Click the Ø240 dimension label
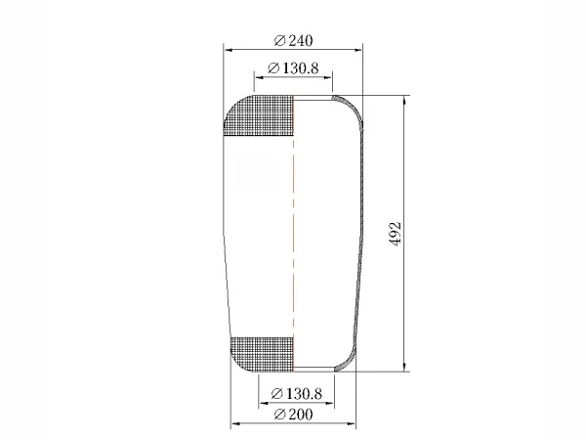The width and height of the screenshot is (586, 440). [293, 40]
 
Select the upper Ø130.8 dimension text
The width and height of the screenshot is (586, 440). [293, 68]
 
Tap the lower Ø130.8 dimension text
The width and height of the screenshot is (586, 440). [296, 394]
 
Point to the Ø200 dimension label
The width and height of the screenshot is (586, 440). [293, 415]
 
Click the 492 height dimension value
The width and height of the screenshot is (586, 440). [395, 234]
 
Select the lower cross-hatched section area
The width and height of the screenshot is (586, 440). [263, 354]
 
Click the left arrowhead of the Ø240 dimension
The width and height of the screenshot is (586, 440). [229, 50]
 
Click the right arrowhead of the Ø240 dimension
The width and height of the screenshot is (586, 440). [357, 50]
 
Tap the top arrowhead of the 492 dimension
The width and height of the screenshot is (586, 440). [404, 101]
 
